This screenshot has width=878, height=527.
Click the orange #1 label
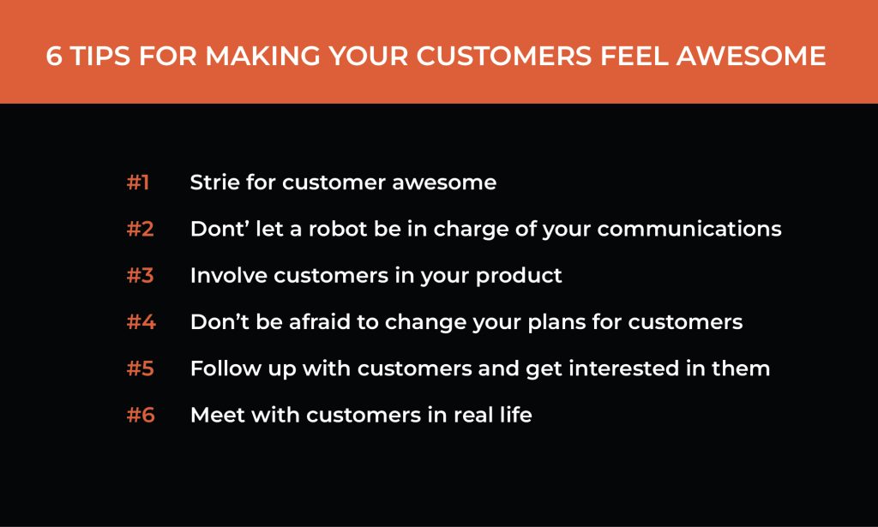click(138, 183)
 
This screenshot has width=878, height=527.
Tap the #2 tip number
click(140, 229)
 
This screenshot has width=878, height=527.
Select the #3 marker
click(140, 275)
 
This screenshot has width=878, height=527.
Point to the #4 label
click(141, 321)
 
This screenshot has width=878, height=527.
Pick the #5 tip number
click(140, 368)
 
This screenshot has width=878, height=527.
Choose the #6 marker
click(141, 415)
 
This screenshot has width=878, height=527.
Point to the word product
click(519, 277)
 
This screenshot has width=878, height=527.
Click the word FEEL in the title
click(634, 56)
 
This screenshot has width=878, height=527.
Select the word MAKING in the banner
click(262, 56)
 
